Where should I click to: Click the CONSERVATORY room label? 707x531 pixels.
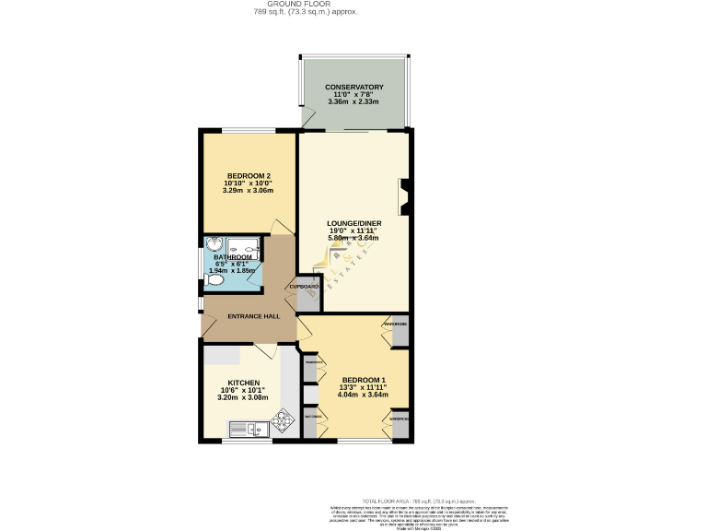tap(353, 87)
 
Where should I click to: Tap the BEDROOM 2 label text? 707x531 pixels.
tap(249, 175)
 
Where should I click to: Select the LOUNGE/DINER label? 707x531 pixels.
tap(353, 223)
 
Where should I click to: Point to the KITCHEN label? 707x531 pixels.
tap(243, 382)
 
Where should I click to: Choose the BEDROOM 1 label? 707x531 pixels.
tap(364, 380)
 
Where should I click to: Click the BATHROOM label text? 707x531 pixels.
tap(233, 257)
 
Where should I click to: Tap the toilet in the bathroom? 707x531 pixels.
tap(215, 276)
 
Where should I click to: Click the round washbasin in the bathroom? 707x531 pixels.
tap(214, 245)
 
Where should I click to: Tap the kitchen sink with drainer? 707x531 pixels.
tap(246, 428)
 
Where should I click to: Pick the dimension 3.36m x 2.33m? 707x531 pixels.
tap(353, 101)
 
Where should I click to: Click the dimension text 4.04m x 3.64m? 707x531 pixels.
tap(364, 395)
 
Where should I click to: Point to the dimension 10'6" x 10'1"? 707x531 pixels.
tap(243, 390)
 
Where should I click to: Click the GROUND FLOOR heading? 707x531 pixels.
tap(306, 5)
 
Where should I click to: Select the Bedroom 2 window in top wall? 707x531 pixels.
tap(244, 132)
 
